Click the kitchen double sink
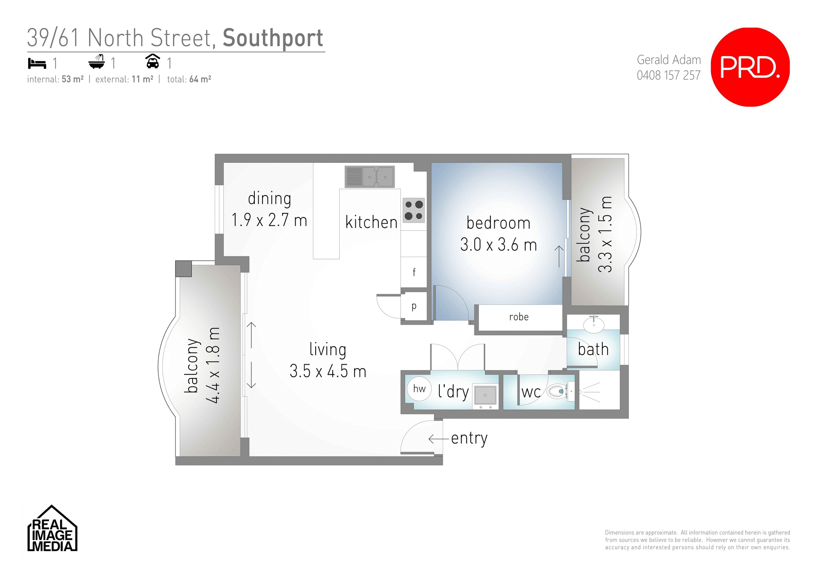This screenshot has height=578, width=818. click(x=370, y=177)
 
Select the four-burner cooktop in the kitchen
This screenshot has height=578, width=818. click(x=414, y=210)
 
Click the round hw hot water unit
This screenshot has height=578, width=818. click(x=419, y=388)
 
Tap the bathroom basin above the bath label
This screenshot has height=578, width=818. click(x=593, y=325)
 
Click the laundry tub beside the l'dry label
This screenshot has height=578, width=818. click(x=485, y=395)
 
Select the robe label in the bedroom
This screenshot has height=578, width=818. click(x=518, y=317)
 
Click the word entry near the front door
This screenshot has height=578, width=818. click(x=469, y=438)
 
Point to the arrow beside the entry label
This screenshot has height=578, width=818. click(x=438, y=439)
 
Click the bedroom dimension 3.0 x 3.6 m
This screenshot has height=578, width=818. click(x=498, y=245)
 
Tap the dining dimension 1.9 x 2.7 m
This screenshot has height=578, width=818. click(x=269, y=220)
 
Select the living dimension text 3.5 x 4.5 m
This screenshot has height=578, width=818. click(x=328, y=371)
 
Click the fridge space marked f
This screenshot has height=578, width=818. click(x=414, y=272)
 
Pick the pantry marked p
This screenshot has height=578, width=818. click(x=414, y=306)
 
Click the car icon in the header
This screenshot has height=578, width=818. click(x=153, y=61)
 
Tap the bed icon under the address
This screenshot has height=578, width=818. click(x=37, y=63)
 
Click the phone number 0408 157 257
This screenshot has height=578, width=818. click(x=668, y=75)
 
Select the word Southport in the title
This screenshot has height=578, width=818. click(x=273, y=38)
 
